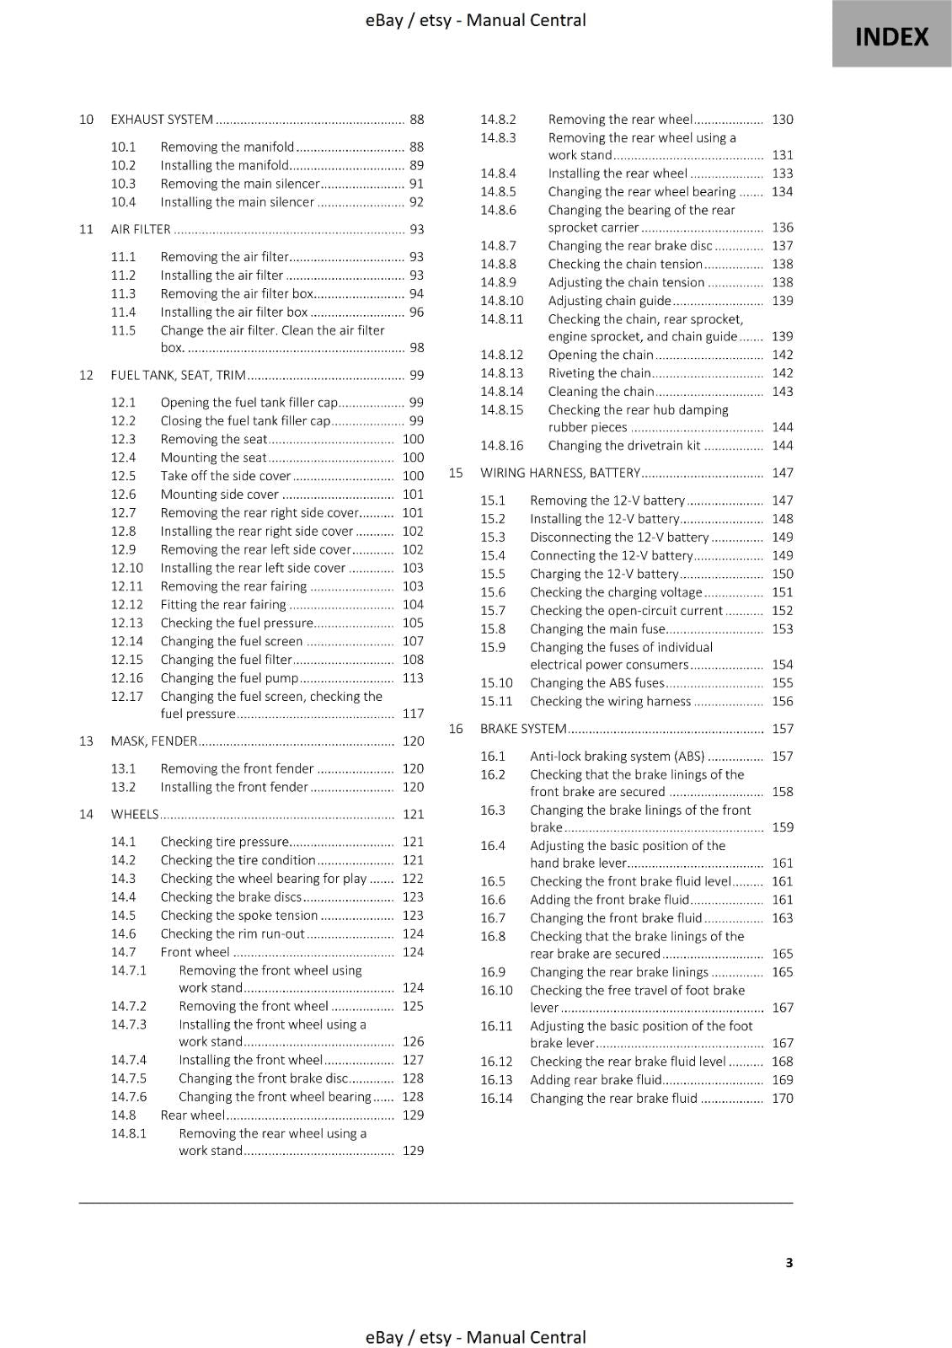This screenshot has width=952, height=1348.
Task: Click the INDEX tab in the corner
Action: click(x=891, y=36)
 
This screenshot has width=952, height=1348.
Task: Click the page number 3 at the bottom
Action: click(x=789, y=1262)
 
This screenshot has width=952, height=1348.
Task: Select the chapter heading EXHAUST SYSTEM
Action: click(x=162, y=120)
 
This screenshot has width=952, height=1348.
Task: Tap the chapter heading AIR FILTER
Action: click(x=141, y=229)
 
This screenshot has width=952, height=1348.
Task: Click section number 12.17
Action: click(x=127, y=696)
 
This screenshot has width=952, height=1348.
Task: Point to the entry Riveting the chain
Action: click(x=599, y=373)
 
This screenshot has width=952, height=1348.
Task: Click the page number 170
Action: click(x=782, y=1098)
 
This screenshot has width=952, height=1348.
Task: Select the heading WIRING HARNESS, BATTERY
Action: click(x=560, y=473)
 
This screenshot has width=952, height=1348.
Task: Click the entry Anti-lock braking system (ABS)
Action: click(x=617, y=756)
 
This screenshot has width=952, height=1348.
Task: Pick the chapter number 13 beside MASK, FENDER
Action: click(x=86, y=741)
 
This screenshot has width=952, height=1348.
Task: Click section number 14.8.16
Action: click(x=501, y=446)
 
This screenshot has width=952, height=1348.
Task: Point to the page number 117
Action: click(x=413, y=714)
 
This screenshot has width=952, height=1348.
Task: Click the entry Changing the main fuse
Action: click(x=597, y=629)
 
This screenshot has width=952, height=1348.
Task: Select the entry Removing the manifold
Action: click(x=227, y=147)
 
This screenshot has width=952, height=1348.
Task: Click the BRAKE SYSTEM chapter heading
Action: click(x=522, y=729)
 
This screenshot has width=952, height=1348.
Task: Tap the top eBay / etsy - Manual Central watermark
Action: click(x=475, y=20)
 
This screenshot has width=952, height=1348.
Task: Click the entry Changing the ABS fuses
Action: click(x=596, y=683)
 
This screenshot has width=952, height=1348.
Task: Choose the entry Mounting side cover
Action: click(x=219, y=495)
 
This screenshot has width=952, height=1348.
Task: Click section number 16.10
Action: click(x=496, y=990)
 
